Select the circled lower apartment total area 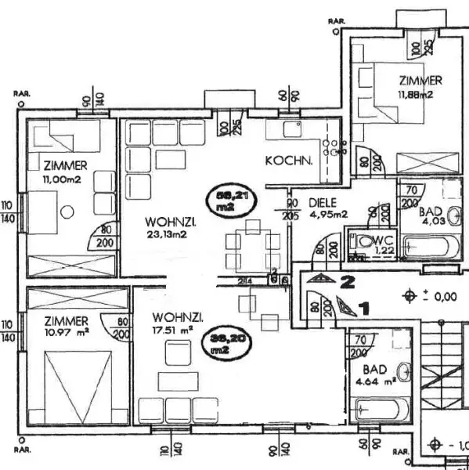pyautogui.click(x=225, y=344)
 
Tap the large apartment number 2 pyautogui.click(x=350, y=278)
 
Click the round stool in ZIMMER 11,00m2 pyautogui.click(x=67, y=211)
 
